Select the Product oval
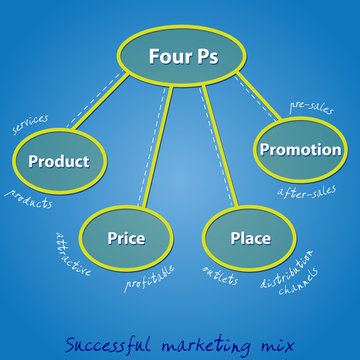coord(58,161)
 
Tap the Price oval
coord(126,238)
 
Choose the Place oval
coord(250,238)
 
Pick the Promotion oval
coord(300,150)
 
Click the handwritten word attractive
coord(72,256)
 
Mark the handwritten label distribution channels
coord(291,272)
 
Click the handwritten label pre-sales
coord(312,106)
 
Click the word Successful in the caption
coord(104,342)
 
